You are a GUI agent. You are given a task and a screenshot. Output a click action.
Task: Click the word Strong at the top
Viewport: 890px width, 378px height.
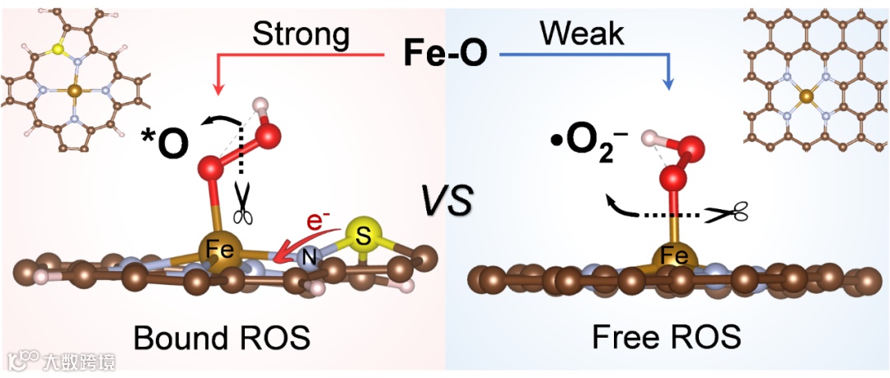tap(300, 35)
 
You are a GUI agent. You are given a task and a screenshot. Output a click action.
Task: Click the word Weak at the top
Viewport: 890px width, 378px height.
tap(582, 34)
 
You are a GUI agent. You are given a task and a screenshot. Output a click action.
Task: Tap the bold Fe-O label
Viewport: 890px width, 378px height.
tap(444, 54)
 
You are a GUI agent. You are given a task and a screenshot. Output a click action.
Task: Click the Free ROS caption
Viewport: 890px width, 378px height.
tap(666, 338)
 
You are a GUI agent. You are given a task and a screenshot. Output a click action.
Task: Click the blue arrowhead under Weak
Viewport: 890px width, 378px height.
tap(668, 85)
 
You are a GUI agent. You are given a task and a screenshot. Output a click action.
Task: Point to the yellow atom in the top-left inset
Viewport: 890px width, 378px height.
tap(57, 49)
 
